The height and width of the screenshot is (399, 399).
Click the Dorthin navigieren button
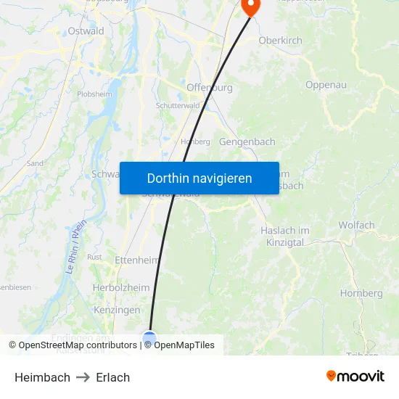coord(199,178)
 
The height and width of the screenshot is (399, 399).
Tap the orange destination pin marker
coord(250,7)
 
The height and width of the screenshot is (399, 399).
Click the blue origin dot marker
coord(149,337)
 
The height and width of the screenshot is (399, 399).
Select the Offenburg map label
coord(210,88)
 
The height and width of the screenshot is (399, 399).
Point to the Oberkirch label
coord(280,41)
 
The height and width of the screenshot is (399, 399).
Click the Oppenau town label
coord(326,85)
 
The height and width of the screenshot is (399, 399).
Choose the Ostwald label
coord(86,31)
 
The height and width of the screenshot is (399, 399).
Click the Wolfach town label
coord(356,225)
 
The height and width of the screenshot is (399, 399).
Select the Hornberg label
coord(361,293)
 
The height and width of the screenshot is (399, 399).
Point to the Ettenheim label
coord(137,260)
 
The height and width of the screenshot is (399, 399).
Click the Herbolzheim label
coord(121,287)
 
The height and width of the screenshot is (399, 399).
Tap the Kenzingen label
coord(118,310)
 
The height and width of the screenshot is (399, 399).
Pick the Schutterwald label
coord(178,105)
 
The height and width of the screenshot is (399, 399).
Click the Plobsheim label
coord(94,94)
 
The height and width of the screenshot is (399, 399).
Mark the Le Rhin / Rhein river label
coord(75,247)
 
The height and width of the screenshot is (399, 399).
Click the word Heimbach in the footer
coord(42,377)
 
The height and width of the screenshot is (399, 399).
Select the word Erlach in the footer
coord(113,377)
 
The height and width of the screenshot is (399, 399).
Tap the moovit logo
coord(355,376)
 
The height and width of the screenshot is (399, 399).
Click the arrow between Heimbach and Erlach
coord(83,377)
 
